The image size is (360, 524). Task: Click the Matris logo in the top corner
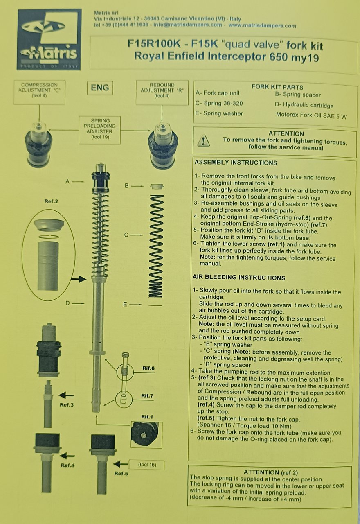49,40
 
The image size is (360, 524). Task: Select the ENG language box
100,88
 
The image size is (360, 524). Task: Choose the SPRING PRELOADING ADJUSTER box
100,130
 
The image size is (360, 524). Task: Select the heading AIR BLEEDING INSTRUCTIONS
239,278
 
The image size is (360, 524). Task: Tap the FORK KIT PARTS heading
277,87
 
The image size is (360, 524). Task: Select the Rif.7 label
148,396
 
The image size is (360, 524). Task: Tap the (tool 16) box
146,465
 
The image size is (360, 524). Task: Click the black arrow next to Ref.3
66,395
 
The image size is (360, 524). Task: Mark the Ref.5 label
122,474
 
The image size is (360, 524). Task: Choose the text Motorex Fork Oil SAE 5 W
311,116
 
